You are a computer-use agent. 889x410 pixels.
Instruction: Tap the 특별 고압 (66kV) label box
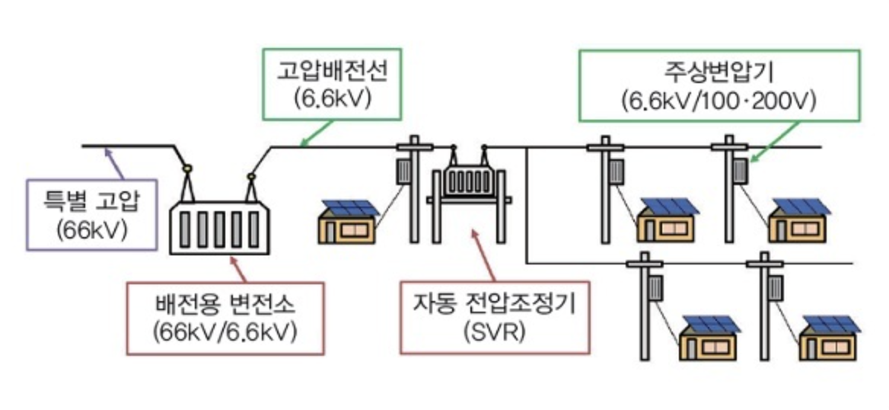click(x=91, y=214)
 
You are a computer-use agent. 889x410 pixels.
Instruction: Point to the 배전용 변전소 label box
click(x=225, y=319)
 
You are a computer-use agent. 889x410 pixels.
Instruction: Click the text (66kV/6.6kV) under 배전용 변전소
click(x=225, y=332)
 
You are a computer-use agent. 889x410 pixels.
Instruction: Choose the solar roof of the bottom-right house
click(x=831, y=324)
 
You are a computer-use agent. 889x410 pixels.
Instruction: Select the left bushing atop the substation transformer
click(x=186, y=168)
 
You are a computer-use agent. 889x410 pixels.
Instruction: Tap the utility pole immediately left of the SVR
click(x=414, y=191)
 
